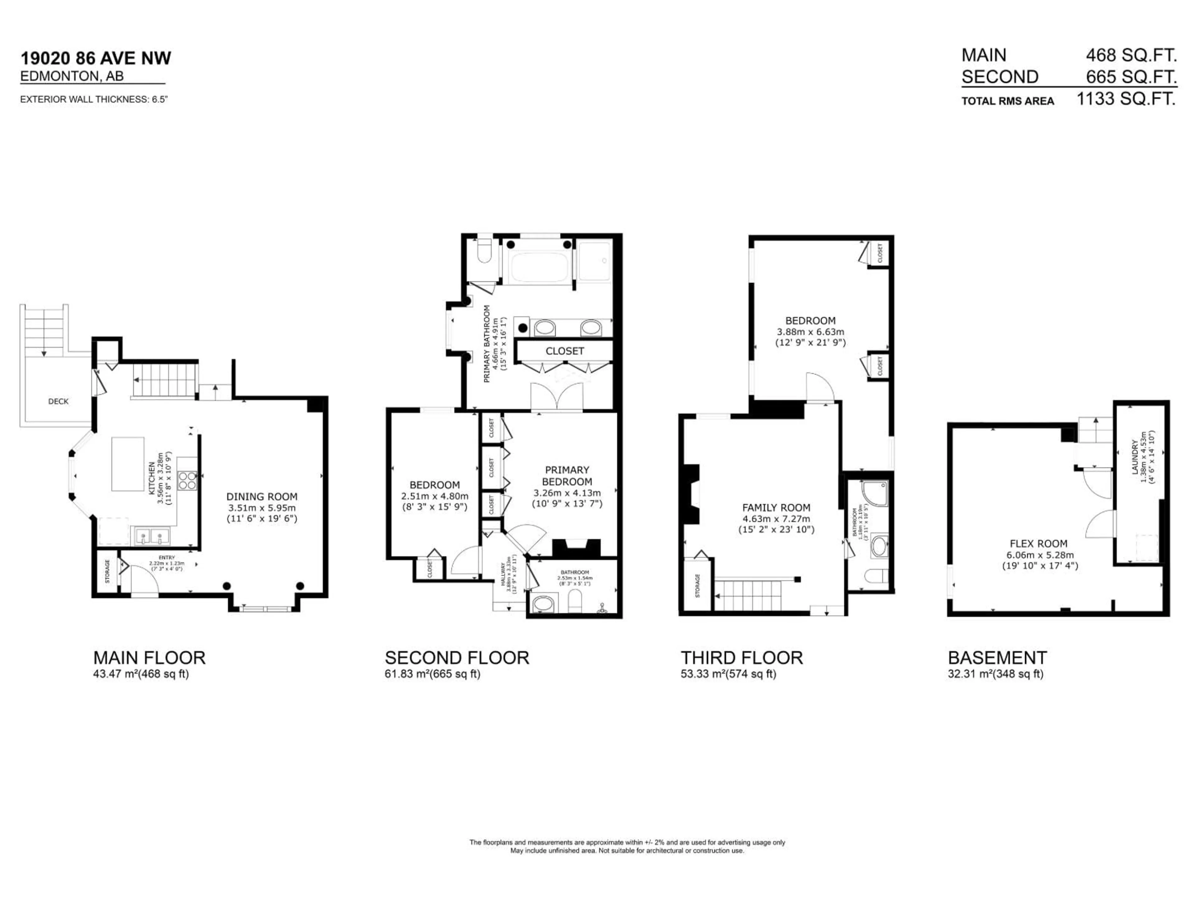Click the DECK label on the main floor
pos(58,401)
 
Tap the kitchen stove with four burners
pos(187,481)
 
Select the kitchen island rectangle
pos(128,464)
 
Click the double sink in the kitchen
pos(152,536)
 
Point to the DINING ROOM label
pos(261,496)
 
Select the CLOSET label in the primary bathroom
pos(565,351)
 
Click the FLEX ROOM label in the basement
pos(1038,543)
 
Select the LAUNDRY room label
pos(1135,457)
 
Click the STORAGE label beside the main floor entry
pos(107,572)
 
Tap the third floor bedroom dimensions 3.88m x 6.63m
pos(810,332)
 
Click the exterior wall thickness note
pos(94,99)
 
